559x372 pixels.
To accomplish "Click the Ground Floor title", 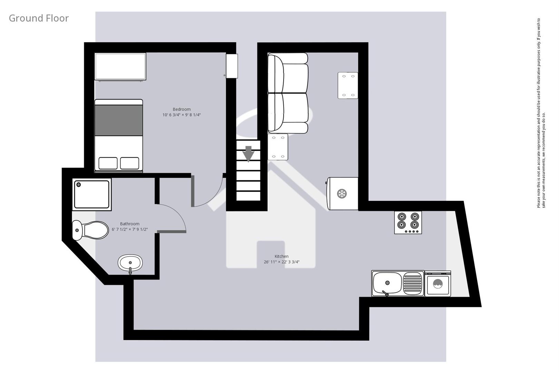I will (39, 18).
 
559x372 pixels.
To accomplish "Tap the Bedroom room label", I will (182, 109).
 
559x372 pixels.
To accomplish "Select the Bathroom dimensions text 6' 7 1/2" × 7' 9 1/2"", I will (130, 229).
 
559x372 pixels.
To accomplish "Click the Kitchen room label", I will (282, 256).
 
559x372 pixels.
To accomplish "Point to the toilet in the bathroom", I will (90, 230).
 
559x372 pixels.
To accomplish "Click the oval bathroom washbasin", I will (130, 263).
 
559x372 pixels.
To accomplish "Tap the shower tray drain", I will (79, 185).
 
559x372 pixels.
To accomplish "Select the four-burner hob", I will (408, 222).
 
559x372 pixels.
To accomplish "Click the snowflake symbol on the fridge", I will (342, 194).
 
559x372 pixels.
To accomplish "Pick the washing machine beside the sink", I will (438, 284).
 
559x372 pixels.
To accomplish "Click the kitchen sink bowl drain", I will (387, 283).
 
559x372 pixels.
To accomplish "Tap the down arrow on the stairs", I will (248, 154).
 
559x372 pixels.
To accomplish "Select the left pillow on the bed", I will (108, 163).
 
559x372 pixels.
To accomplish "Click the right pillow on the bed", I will (129, 163).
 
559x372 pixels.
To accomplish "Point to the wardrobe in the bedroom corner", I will (120, 66).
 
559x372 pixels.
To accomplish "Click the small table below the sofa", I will (278, 147).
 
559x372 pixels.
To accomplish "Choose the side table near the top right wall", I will (347, 85).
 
